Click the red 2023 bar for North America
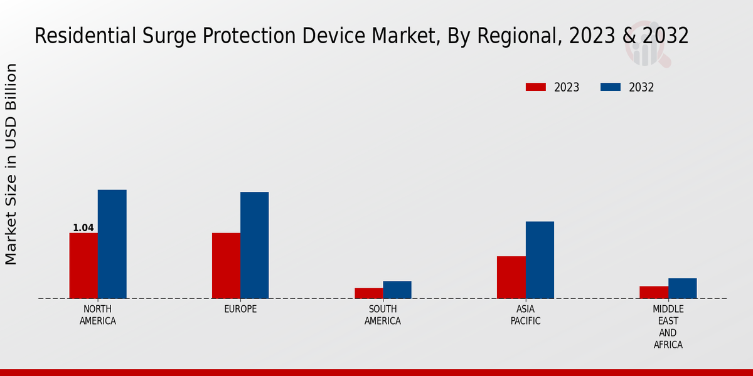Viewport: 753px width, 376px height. pos(83,266)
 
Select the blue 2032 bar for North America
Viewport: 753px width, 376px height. pos(112,244)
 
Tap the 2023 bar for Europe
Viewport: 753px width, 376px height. pos(226,266)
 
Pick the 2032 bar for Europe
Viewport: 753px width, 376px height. pos(254,245)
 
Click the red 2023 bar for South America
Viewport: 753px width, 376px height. pos(368,293)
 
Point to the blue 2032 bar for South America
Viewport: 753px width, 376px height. pos(397,290)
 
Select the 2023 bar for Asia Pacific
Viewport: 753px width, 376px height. pos(511,277)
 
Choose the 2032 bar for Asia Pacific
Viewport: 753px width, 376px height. pos(540,260)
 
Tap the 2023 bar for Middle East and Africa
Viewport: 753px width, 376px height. pos(654,292)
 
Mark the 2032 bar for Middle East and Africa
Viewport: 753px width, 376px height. pos(682,288)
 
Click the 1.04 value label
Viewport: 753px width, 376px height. pos(83,228)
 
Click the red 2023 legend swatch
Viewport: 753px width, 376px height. pos(536,87)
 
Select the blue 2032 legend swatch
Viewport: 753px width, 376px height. pos(611,87)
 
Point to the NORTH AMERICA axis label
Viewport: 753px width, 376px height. pos(98,315)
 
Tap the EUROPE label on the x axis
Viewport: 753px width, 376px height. pos(240,310)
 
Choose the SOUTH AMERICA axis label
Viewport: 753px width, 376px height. pos(383,315)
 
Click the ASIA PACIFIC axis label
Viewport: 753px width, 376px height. pos(525,315)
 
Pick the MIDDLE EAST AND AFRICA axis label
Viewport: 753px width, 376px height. pos(668,327)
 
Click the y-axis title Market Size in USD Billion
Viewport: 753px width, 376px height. pos(11,164)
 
